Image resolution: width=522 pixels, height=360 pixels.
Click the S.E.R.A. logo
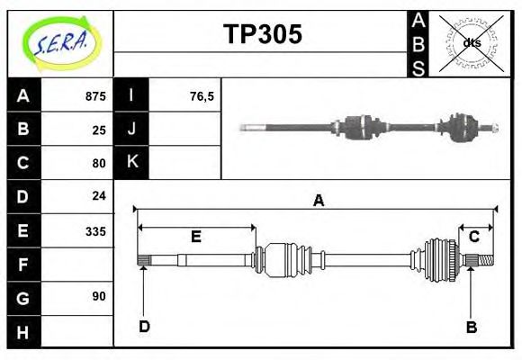point(60,42)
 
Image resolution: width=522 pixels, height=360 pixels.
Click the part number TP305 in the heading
point(262,35)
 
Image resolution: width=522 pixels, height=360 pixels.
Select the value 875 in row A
point(94,96)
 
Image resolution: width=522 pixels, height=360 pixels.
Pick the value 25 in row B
point(98,130)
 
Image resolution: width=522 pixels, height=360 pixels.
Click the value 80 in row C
point(98,163)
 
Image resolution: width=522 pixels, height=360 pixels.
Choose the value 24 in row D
point(98,195)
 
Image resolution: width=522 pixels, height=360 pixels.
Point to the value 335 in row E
point(94,230)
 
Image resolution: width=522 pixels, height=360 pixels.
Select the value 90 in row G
point(98,296)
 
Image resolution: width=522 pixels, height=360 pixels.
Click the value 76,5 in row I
point(202,96)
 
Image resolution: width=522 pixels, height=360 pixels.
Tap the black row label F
point(22,265)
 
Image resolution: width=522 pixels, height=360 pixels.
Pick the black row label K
point(131,162)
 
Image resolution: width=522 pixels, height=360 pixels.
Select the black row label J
point(131,129)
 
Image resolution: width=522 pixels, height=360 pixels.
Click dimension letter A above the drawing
point(318,202)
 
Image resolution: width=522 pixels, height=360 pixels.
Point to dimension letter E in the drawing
point(195,238)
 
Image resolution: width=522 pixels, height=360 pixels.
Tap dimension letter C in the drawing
point(473,237)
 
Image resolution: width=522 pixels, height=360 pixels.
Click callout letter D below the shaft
point(143,327)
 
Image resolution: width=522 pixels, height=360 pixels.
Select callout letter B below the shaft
point(471,327)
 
